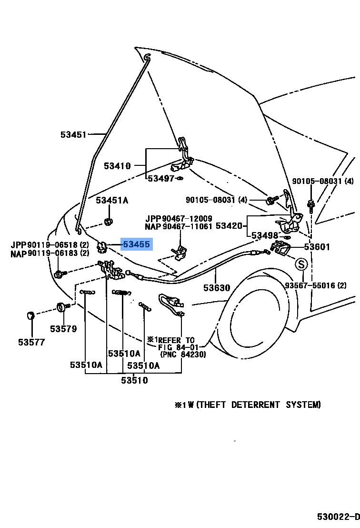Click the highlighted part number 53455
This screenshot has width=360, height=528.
pos(136,245)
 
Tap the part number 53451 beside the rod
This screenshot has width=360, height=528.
pos(73,135)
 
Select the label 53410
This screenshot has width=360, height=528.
pos(117,166)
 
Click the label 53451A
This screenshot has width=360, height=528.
pos(112,201)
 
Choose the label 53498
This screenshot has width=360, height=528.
pos(265,235)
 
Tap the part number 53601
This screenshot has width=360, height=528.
pos(317,247)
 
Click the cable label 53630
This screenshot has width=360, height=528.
pos(217,288)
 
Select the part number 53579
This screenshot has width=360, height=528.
pos(63,328)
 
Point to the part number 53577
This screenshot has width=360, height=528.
pos(31,342)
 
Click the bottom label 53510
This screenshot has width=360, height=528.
pos(134,380)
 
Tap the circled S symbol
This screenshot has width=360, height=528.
pos(301,264)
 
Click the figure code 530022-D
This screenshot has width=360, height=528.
pos(339,517)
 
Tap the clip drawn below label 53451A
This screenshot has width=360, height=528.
pos(109,221)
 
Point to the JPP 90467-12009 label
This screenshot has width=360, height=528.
pos(179,218)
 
